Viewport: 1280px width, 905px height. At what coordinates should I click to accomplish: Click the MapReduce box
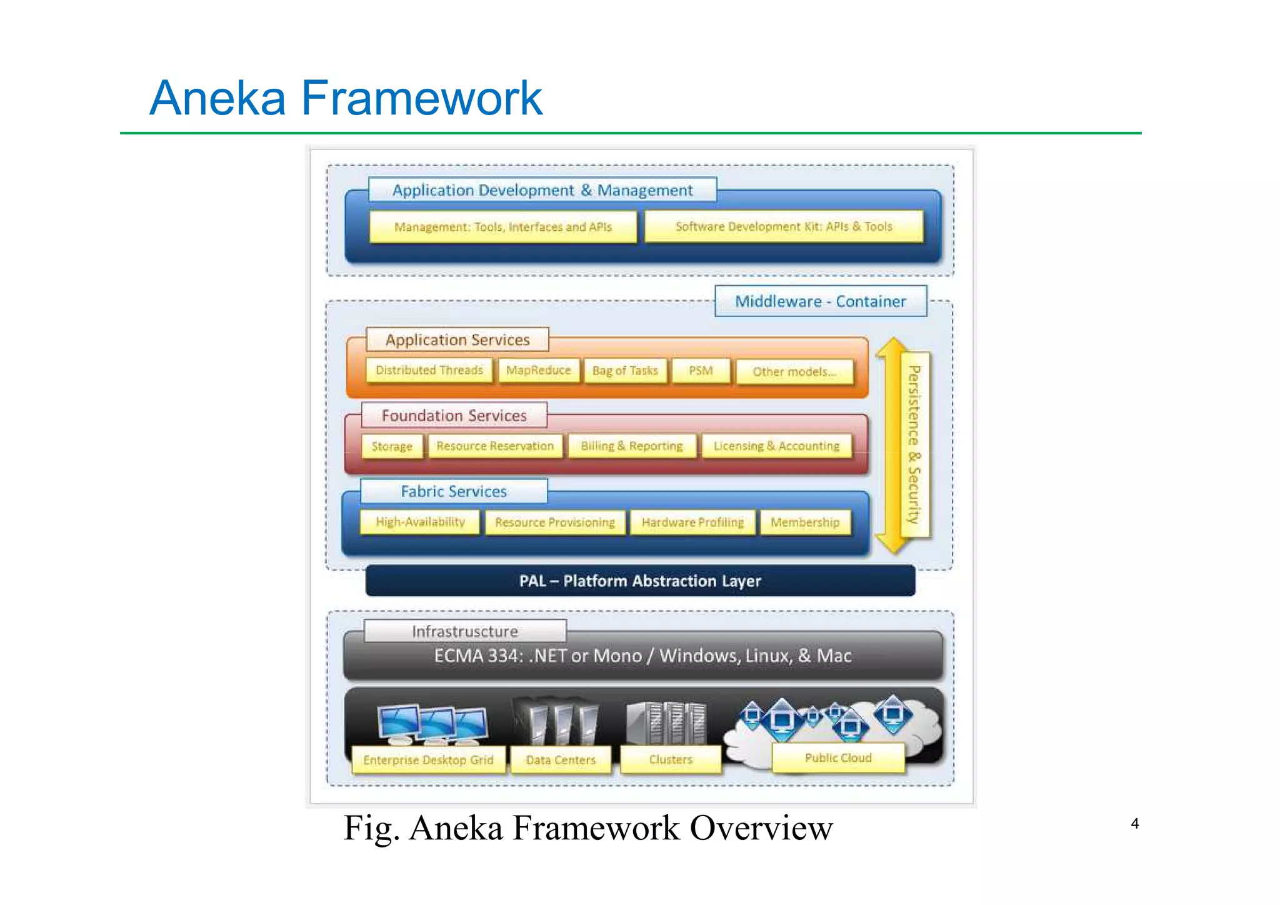pos(538,370)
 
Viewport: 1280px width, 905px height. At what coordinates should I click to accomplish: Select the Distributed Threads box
pos(429,370)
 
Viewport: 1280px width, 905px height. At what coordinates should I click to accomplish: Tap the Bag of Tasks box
pos(625,371)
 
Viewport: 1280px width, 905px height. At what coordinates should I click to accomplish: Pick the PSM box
pos(701,371)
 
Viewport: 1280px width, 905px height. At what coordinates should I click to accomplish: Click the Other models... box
pos(794,372)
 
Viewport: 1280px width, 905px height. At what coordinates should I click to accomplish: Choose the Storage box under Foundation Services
pos(392,447)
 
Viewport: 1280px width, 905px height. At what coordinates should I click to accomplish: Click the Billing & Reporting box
pos(632,446)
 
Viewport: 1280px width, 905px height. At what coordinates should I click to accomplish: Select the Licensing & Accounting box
pos(776,446)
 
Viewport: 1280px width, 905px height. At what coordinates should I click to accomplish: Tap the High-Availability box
pos(420,522)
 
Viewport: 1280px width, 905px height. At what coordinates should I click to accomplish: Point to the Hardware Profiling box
pos(692,522)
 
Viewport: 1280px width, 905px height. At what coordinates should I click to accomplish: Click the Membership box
pos(805,522)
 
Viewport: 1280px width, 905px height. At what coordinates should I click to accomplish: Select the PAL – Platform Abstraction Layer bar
pos(640,581)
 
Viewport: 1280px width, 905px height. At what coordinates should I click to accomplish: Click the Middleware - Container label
pos(820,301)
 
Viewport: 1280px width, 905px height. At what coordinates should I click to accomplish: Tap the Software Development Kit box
pos(784,226)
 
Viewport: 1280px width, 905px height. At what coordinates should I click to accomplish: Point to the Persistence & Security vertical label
pos(914,445)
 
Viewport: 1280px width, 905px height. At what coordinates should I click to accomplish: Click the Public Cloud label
pos(838,758)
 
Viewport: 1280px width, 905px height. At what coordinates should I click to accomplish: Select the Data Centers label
pos(561,760)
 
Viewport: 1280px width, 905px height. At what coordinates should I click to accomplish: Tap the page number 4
pos(1135,824)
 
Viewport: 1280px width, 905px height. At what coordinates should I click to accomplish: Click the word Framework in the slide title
pos(422,98)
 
